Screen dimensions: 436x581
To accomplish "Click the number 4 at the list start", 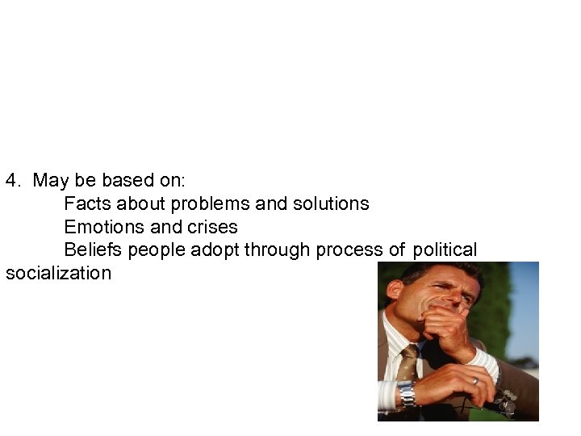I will tap(10, 180).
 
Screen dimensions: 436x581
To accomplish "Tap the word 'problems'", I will tap(206, 203).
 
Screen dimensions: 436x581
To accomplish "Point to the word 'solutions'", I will tap(328, 203).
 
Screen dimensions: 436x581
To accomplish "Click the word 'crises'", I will tap(211, 227).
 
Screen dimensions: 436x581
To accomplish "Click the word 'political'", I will tap(445, 250).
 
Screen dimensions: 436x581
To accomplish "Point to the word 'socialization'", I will tap(58, 273).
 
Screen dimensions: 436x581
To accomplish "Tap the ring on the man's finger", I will tap(475, 379).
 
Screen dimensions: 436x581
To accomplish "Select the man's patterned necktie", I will tap(408, 361).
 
